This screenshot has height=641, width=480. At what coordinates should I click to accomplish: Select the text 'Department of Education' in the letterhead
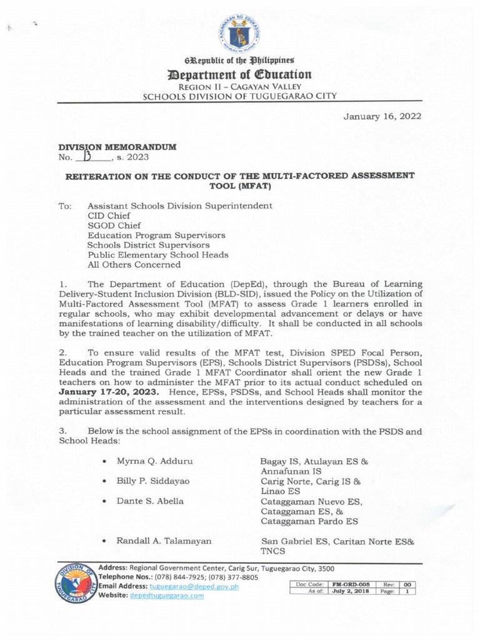[x=239, y=74]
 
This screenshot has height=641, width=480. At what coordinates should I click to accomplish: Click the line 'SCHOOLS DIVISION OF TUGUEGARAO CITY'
[x=239, y=96]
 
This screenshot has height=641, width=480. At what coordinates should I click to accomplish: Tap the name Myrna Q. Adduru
[x=154, y=461]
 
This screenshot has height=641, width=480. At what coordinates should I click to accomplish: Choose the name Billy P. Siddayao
[x=153, y=481]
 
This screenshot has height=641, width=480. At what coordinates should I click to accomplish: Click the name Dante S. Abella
[x=151, y=501]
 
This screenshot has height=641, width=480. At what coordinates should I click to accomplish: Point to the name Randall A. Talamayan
[x=164, y=540]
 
